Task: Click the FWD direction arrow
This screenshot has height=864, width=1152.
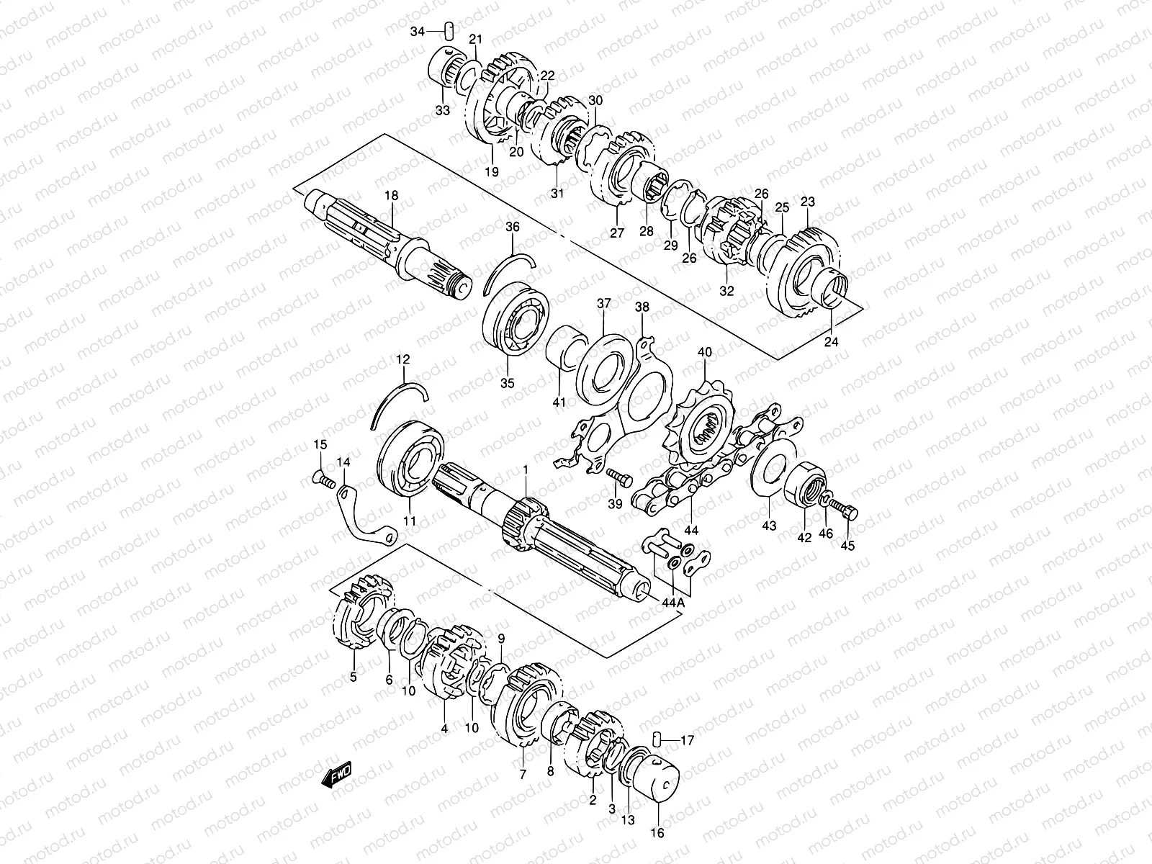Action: (336, 774)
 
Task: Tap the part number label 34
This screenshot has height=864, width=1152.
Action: (417, 32)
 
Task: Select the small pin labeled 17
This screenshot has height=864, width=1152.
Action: (656, 739)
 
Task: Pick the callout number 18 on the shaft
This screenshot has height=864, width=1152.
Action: (391, 196)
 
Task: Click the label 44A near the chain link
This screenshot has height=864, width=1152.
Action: (673, 603)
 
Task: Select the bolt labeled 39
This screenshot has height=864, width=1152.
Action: (619, 477)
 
